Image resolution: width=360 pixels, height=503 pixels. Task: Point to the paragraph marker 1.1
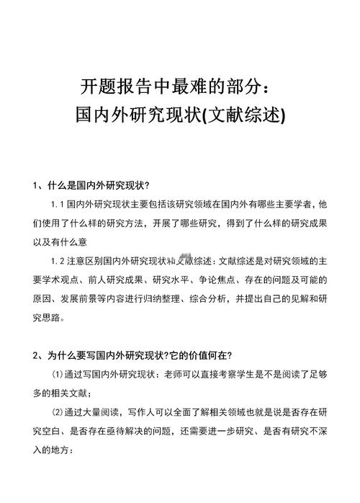(x=59, y=204)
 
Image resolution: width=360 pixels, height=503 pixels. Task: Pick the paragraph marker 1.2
(x=59, y=260)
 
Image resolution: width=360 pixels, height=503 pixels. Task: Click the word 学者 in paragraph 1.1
(x=305, y=204)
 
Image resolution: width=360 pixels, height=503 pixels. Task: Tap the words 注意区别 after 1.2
(x=86, y=260)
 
